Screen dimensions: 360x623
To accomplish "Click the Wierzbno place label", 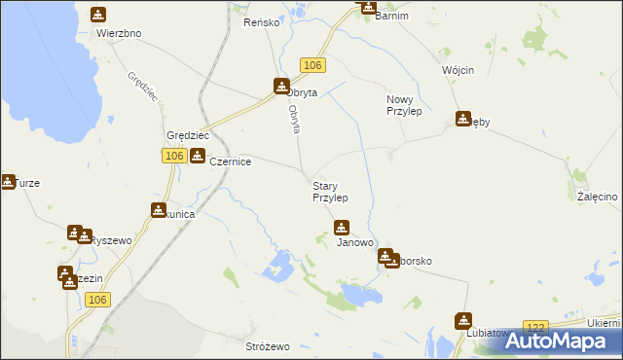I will tap(119, 33).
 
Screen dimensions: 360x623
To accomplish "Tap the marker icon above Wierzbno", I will tap(98, 15).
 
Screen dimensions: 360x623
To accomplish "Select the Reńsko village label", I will tap(262, 21).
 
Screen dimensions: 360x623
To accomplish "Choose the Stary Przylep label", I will tap(330, 191).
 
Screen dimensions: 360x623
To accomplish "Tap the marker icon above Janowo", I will tap(341, 228).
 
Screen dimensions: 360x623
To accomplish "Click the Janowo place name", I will tap(355, 243).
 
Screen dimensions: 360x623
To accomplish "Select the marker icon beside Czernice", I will tap(198, 157).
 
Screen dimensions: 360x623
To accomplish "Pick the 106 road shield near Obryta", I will tap(311, 64).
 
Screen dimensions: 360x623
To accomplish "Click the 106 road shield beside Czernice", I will tap(173, 156).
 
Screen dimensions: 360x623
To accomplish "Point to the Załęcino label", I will tap(597, 197).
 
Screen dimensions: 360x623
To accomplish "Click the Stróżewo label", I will tap(268, 346).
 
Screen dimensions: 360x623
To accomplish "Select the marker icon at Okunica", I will tap(158, 209).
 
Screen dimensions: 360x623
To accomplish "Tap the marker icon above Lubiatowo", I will tap(463, 319).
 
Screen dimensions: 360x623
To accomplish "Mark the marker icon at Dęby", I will tap(463, 120).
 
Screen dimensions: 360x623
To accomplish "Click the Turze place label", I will tap(26, 183).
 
